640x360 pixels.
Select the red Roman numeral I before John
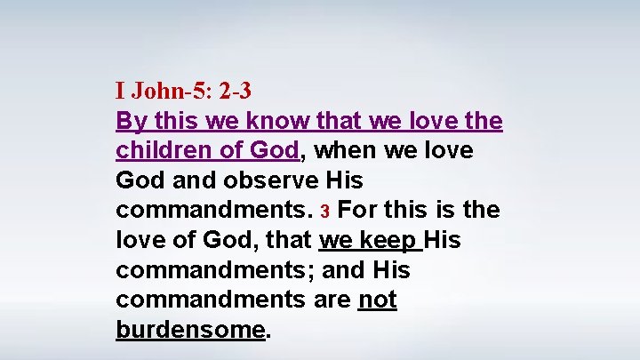pos(120,90)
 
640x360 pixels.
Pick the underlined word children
pos(160,150)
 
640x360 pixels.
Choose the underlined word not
pos(377,300)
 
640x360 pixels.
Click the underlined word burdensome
pos(190,330)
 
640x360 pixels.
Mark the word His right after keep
pos(442,240)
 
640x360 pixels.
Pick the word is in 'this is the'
pos(447,211)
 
